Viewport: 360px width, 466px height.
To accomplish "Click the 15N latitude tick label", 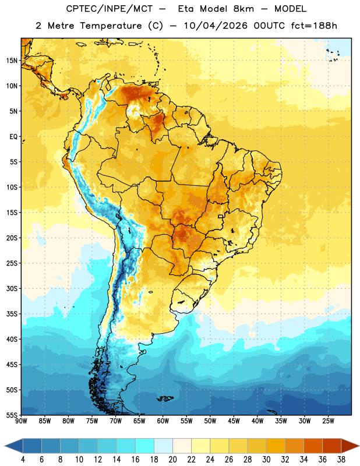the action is (x=12, y=61).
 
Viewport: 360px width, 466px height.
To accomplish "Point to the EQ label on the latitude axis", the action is (x=13, y=137).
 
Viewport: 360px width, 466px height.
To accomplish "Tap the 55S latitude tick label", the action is (x=12, y=415).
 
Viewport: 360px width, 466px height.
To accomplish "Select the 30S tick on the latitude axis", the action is (x=12, y=288).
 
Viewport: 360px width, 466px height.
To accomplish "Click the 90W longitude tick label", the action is (x=21, y=421).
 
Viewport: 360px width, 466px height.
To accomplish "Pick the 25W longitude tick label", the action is (x=328, y=421).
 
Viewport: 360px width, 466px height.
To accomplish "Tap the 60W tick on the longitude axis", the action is (x=163, y=421).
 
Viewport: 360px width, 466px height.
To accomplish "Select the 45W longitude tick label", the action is (x=234, y=421).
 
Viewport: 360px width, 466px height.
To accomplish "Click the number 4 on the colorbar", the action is (x=23, y=460).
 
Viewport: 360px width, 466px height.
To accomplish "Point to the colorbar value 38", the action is (x=341, y=460).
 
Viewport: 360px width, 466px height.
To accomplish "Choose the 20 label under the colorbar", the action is (x=172, y=460).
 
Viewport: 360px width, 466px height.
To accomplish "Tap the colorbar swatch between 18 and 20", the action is (x=163, y=446).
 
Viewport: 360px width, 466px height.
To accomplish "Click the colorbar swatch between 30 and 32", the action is (x=276, y=446).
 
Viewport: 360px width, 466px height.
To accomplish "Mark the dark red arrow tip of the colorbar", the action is (x=359, y=446).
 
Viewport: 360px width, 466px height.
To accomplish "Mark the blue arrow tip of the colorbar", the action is (x=5, y=446).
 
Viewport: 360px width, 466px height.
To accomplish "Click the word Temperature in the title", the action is (x=111, y=26).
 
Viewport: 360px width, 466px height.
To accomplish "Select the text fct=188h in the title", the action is (x=314, y=26).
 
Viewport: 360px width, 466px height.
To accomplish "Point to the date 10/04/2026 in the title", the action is (x=216, y=26).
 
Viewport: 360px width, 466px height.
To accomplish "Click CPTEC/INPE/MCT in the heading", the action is (x=109, y=9).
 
